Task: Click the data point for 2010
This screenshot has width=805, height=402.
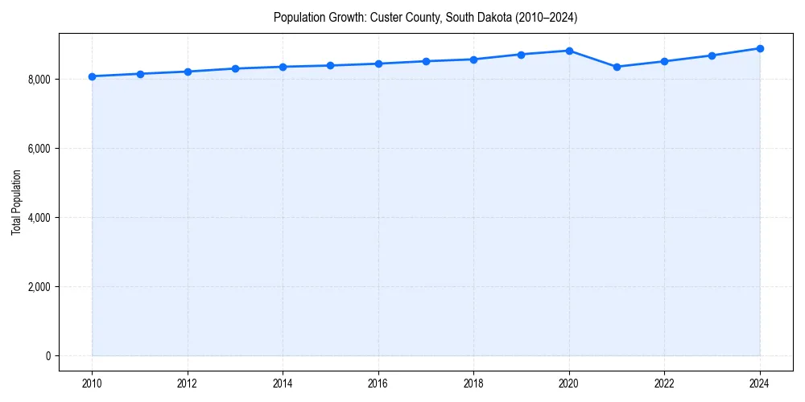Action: pos(92,76)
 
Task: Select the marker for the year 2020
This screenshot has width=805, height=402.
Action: pos(569,51)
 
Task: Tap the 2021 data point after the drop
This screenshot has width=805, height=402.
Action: pos(617,67)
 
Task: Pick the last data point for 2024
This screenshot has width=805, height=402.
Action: pos(760,48)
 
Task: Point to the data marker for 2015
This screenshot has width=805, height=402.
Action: pos(330,65)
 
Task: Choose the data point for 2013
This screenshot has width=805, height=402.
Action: pos(235,68)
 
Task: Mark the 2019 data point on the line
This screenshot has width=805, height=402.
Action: pos(522,55)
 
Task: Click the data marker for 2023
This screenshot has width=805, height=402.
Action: pos(712,55)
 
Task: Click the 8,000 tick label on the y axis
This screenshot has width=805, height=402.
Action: pos(38,80)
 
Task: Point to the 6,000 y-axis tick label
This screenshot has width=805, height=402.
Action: pos(38,149)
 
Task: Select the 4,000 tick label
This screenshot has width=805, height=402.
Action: pos(38,218)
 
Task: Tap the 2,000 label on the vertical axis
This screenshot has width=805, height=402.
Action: pos(38,287)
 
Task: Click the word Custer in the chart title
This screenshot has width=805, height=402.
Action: pos(384,17)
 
